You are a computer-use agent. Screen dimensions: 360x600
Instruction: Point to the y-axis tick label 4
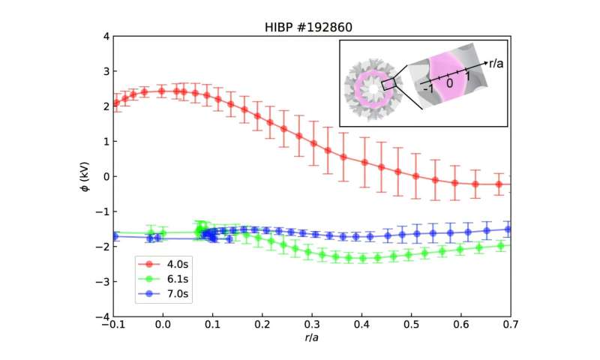106,36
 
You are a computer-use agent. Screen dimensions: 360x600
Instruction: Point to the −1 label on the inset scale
428,88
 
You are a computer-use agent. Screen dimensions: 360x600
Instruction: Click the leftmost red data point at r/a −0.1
115,103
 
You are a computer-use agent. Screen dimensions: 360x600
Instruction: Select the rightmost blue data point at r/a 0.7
508,229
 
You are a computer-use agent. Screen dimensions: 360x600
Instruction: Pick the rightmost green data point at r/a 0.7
508,245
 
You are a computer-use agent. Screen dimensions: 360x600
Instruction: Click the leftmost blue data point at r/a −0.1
115,235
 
